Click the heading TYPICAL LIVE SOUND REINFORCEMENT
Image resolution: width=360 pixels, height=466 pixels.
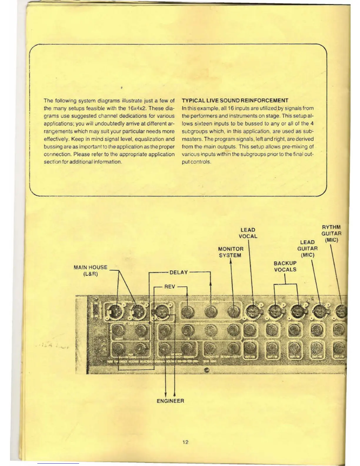click(235, 100)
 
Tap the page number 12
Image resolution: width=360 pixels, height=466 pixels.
click(185, 442)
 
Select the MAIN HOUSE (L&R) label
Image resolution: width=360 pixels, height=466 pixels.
click(91, 271)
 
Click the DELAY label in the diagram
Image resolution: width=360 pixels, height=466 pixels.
click(179, 272)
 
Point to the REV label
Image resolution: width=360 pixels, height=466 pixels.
click(170, 287)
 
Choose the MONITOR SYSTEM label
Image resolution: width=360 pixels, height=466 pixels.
click(231, 252)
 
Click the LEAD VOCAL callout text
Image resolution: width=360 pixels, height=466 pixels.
click(248, 233)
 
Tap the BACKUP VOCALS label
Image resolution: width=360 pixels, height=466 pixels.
click(285, 266)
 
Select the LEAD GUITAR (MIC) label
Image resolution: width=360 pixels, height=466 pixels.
click(307, 249)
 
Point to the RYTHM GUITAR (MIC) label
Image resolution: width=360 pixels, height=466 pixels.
click(331, 234)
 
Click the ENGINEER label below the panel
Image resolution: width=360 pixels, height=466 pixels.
click(170, 401)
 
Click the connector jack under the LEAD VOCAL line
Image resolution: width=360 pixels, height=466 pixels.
click(252, 311)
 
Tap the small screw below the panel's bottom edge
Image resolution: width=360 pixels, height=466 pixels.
click(206, 371)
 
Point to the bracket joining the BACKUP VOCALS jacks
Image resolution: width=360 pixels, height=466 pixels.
click(285, 284)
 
